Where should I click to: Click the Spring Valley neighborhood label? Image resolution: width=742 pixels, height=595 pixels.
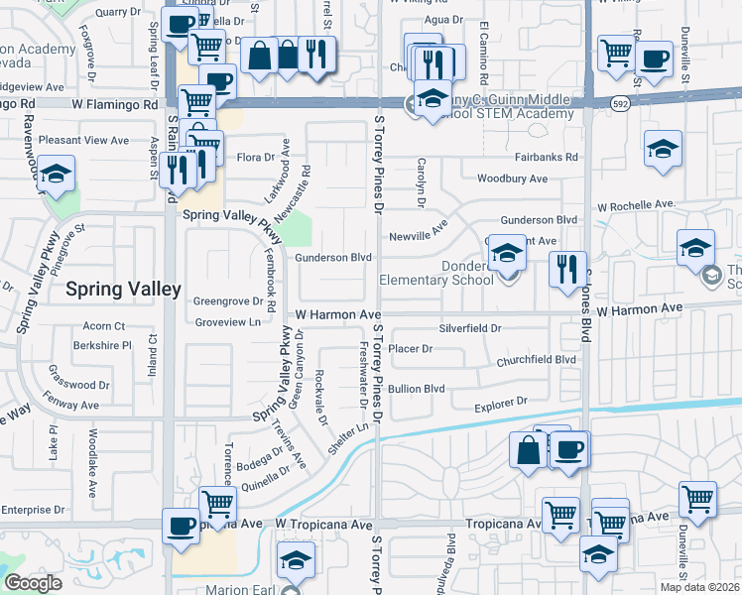point(123,290)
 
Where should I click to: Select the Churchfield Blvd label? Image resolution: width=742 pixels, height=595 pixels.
point(537,360)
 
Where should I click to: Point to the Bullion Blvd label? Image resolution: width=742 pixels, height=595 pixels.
point(417,389)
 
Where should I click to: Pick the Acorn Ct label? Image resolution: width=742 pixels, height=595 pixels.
point(104,325)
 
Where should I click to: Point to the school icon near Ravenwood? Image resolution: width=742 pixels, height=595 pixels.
point(57,173)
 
